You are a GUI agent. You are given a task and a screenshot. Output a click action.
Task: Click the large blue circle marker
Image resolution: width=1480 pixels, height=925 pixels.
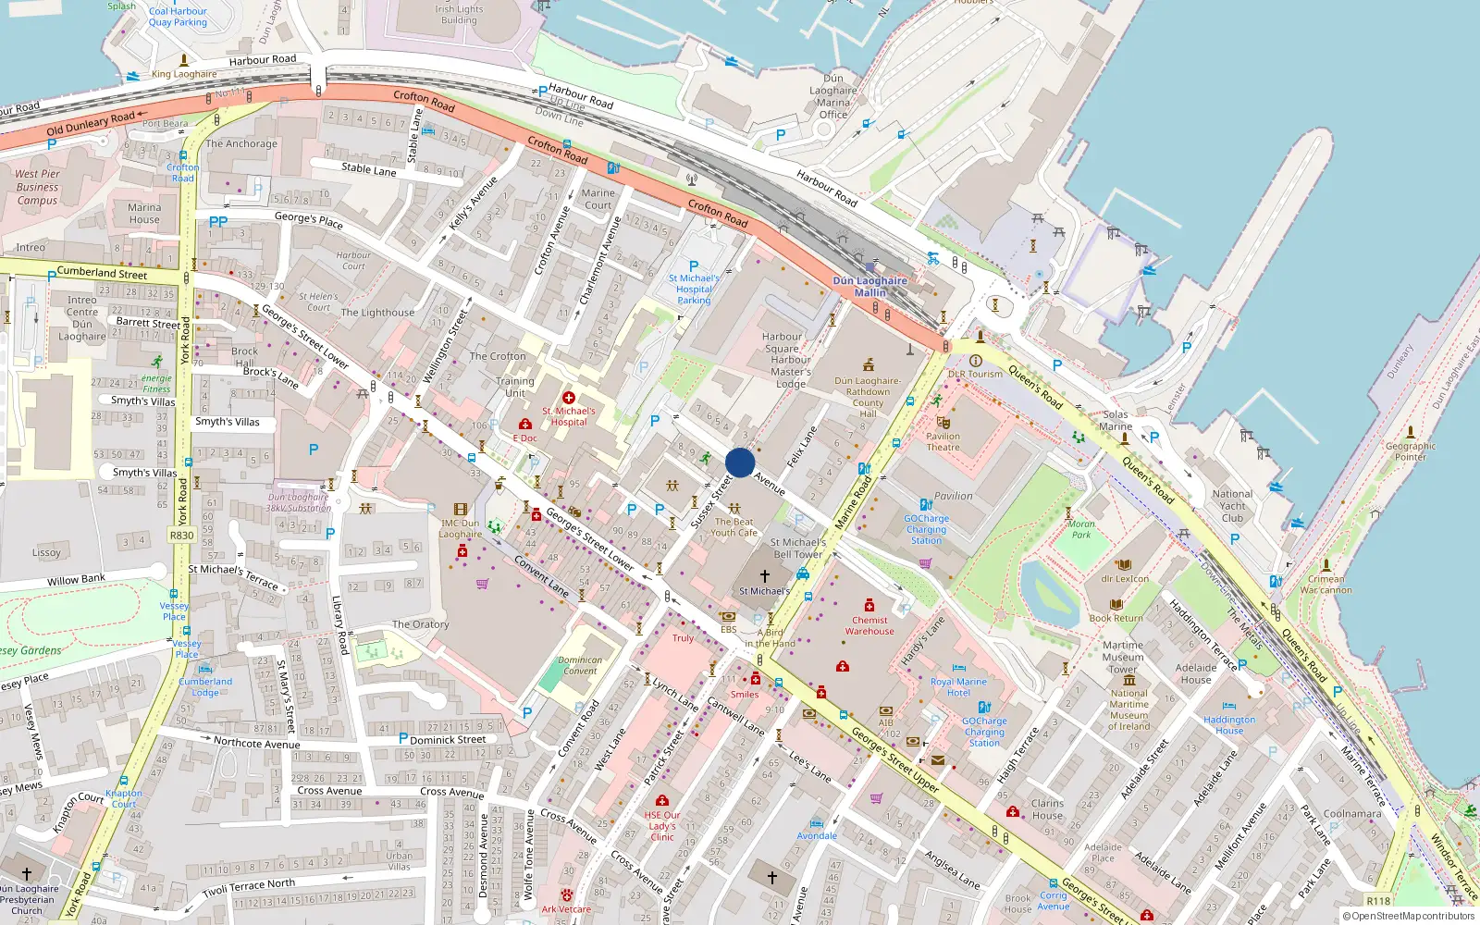coord(740,462)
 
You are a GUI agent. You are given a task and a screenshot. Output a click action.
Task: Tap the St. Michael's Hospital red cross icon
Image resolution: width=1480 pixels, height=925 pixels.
coord(568,398)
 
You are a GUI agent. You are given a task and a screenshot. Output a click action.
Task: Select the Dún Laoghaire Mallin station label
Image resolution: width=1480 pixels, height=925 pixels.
coord(869,286)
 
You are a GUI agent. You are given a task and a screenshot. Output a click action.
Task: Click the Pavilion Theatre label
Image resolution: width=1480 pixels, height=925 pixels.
coord(943,442)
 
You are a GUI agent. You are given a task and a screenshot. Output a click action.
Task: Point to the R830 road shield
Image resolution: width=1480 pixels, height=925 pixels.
coord(182,535)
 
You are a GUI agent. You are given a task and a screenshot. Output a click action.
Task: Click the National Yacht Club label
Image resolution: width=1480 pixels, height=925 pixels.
coord(1232,506)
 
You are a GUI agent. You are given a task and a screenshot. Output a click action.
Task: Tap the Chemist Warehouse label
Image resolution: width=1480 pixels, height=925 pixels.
coord(869,625)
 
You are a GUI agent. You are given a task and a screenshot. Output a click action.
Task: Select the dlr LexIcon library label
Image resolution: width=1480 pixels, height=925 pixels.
coord(1125,579)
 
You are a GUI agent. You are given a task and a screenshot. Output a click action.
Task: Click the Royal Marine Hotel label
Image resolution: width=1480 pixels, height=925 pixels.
coord(958,686)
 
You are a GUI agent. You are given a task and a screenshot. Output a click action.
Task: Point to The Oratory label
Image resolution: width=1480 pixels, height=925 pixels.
coord(420,624)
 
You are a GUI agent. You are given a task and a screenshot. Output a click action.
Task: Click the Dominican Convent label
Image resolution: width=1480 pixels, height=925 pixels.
coord(580,665)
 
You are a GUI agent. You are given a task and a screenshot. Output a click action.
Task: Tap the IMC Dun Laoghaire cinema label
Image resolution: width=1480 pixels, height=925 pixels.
coord(460,528)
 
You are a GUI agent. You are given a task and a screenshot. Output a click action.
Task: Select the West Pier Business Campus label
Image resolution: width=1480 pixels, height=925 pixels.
coord(37,187)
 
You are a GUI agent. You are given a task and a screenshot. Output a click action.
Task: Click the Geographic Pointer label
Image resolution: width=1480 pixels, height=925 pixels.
coord(1410,450)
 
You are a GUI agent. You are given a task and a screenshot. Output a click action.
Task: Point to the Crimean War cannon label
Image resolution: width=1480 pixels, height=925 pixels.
coord(1326,584)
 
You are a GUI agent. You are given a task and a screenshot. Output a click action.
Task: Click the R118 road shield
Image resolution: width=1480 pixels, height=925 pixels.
coord(1378,900)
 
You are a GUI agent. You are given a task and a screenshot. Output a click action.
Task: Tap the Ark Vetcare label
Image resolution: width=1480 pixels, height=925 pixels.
coord(566,908)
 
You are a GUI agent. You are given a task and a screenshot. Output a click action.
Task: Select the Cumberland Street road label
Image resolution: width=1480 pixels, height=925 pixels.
coord(102,273)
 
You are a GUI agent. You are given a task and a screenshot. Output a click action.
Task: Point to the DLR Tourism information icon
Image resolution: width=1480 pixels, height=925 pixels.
coord(975,361)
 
